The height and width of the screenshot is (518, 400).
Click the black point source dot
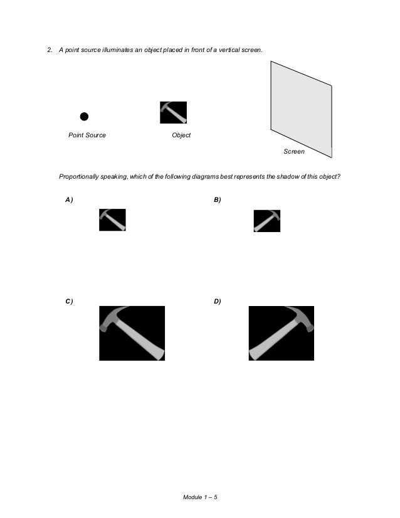click(84, 117)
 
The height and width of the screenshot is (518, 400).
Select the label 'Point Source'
click(87, 135)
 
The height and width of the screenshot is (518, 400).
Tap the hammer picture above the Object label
click(174, 113)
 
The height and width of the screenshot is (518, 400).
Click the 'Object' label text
click(181, 135)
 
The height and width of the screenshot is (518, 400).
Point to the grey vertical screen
click(301, 109)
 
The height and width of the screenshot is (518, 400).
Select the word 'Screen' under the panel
click(294, 151)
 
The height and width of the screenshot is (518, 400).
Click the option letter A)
click(69, 200)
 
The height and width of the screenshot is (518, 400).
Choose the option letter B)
click(218, 200)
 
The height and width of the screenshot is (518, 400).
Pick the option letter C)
click(69, 301)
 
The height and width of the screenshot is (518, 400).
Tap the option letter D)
click(218, 301)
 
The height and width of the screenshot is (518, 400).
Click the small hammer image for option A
click(113, 219)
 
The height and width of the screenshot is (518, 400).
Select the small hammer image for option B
click(267, 221)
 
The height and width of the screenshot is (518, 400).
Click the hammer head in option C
click(112, 318)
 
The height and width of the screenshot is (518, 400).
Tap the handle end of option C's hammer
click(159, 354)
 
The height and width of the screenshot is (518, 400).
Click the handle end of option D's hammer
click(254, 354)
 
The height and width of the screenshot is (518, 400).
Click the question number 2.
click(50, 50)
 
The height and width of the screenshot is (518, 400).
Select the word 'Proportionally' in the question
click(78, 177)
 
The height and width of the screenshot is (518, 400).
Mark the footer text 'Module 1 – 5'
click(200, 497)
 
